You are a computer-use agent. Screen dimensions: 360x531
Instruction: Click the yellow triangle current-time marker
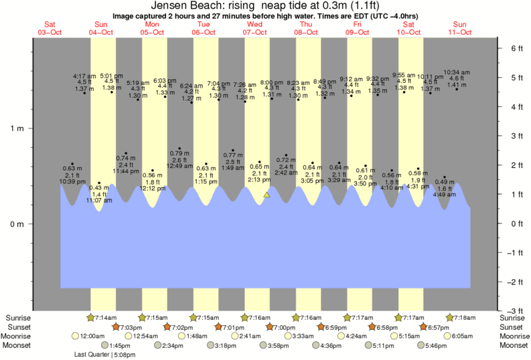[267, 195]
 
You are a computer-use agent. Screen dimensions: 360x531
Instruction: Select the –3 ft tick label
[512, 311]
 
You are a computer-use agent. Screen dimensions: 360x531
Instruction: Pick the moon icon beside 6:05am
[446, 336]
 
